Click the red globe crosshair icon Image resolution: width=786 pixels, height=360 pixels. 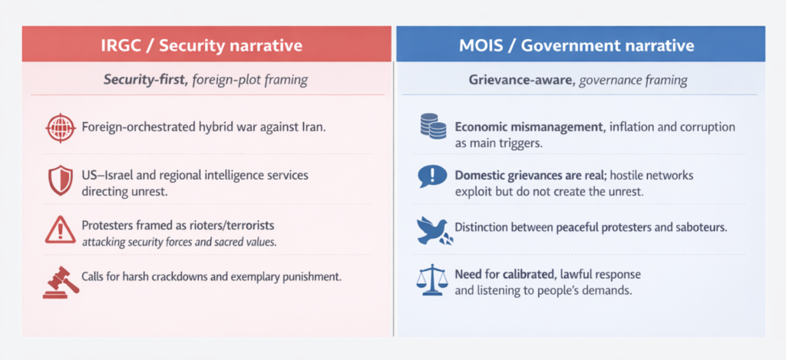tap(60, 127)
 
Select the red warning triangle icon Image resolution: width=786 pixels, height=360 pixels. tap(60, 230)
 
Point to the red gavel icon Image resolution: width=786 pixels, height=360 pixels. tap(61, 282)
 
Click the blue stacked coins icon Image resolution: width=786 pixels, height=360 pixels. tap(433, 127)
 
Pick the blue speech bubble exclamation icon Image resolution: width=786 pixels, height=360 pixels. tap(431, 177)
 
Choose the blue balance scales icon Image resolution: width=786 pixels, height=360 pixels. tap(431, 282)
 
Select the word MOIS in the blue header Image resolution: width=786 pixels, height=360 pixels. tap(482, 45)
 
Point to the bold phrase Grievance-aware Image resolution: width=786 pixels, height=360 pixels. tap(522, 80)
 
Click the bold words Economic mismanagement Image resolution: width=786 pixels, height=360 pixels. tap(531, 127)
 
